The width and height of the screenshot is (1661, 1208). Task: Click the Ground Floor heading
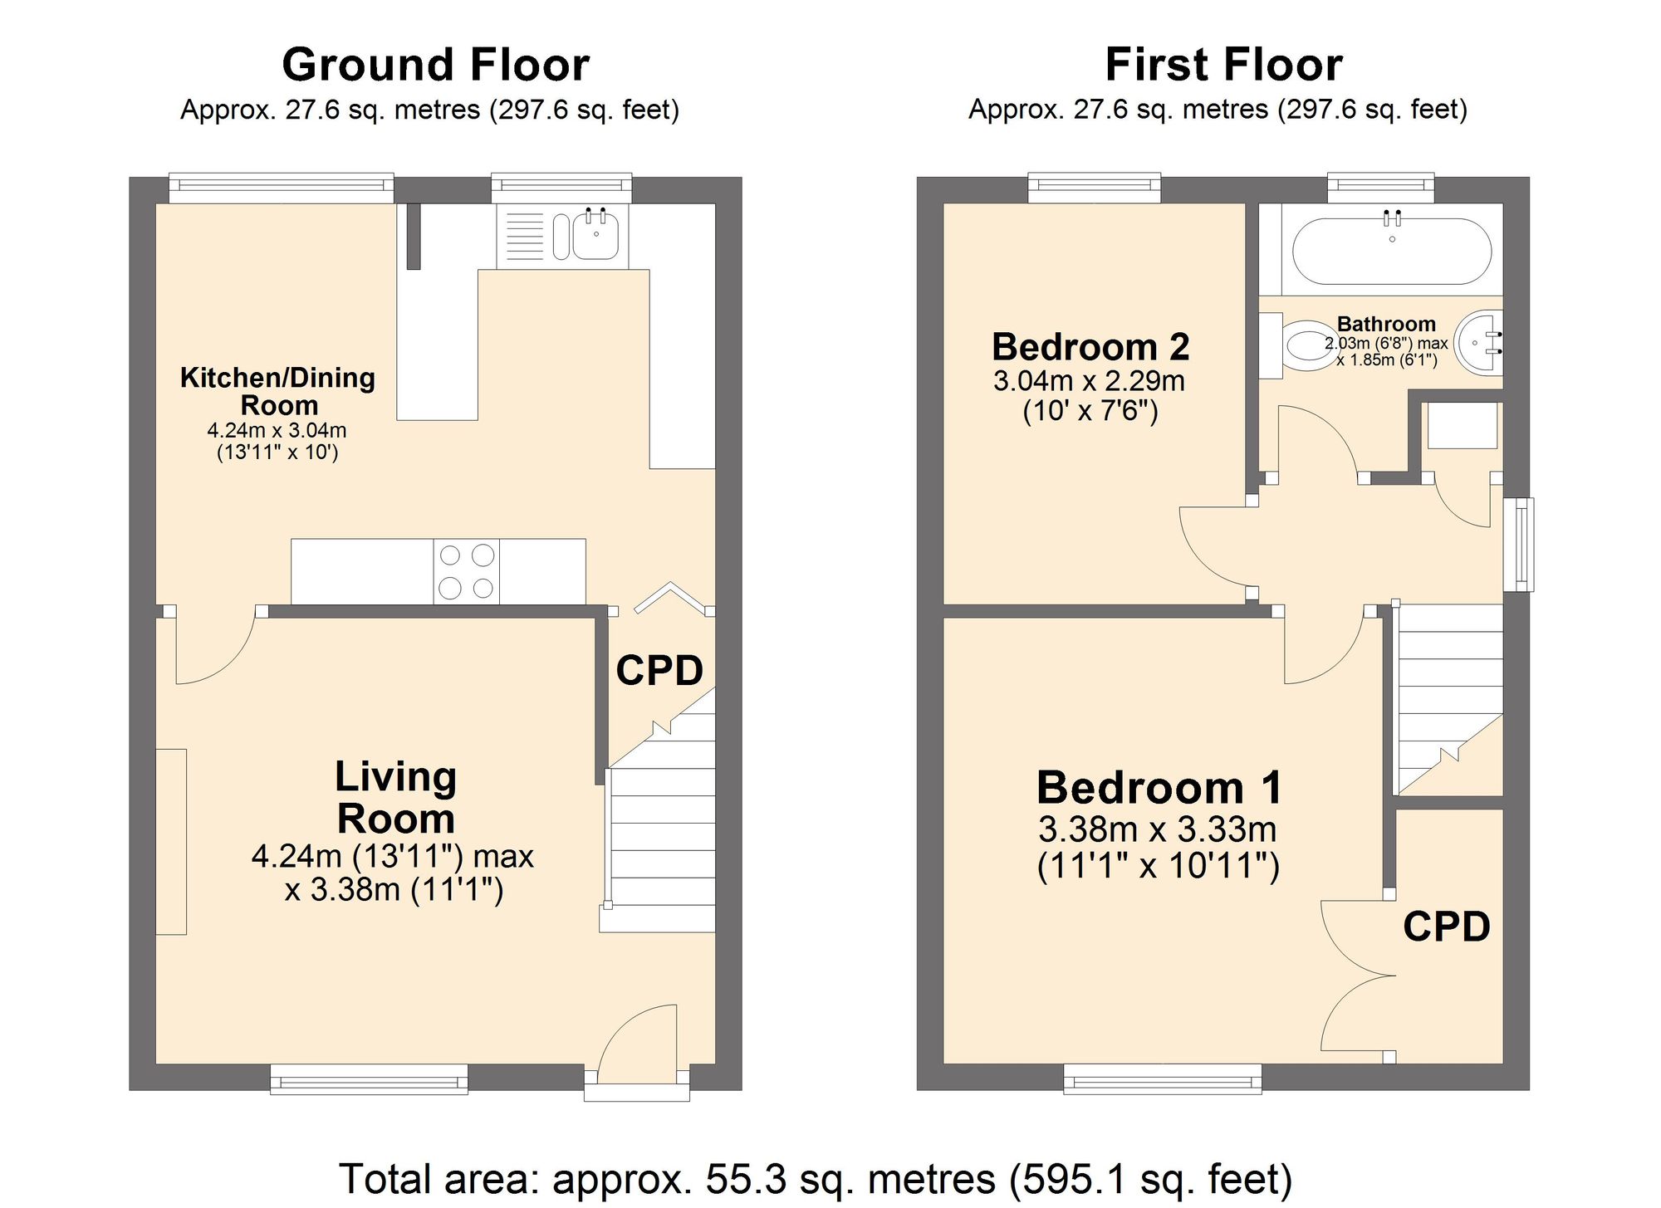point(436,65)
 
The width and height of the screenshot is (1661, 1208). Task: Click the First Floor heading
point(1223,65)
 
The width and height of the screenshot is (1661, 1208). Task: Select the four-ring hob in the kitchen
point(466,571)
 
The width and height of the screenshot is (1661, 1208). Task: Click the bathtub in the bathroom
point(1392,251)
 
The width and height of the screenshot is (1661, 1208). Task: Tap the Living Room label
point(396,797)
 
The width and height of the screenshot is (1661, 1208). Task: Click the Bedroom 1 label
point(1159,787)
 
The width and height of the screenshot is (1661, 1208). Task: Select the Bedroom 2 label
point(1090,346)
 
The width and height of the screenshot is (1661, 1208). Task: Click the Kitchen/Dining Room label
point(277,391)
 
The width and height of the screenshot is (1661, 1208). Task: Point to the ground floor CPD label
point(659,670)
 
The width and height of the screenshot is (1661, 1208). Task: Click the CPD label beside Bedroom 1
point(1447,927)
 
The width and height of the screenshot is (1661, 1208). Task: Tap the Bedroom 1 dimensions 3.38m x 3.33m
point(1158,829)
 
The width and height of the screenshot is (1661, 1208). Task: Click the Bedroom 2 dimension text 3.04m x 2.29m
point(1090,381)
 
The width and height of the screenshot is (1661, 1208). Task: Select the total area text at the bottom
point(816,1179)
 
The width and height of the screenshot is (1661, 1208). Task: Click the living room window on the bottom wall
point(369,1079)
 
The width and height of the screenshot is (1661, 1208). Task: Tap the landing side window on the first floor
point(1519,545)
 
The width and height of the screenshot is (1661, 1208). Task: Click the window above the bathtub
point(1380,188)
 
